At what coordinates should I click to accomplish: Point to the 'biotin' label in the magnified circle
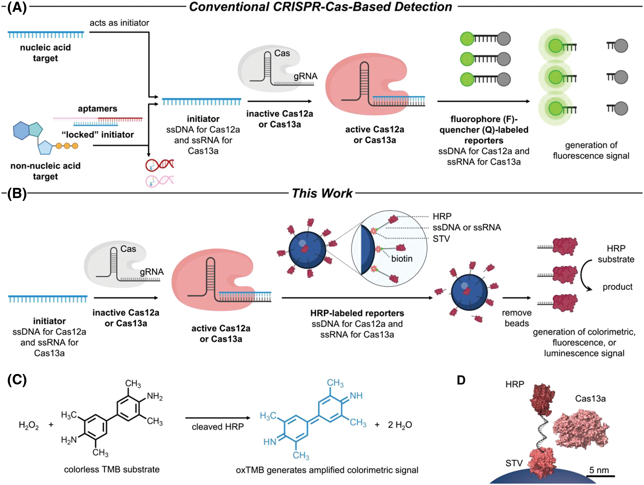coord(402,259)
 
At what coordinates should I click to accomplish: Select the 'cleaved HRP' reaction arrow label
coord(218,427)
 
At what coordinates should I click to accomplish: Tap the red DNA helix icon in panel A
coord(160,165)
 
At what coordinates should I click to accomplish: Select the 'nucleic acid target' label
coord(45,53)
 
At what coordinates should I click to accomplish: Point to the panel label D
coord(461,380)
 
